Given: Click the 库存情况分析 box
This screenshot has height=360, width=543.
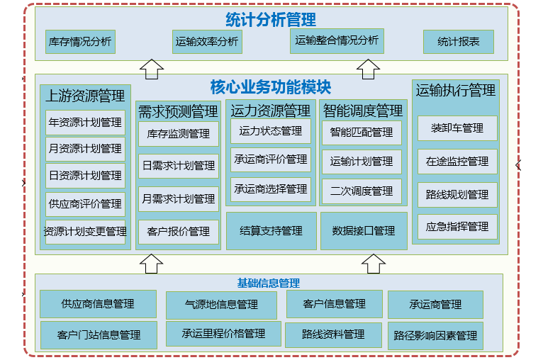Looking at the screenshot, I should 79,42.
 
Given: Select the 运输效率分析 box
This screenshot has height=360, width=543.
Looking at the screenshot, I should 207,42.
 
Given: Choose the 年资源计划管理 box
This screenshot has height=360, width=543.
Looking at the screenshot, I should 85,123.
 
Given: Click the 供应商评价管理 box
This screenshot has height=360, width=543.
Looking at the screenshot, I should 85,204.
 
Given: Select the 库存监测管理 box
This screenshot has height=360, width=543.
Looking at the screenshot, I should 178,133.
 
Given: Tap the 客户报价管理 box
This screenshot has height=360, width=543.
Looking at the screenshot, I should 178,231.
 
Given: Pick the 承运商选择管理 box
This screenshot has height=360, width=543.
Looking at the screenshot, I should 271,189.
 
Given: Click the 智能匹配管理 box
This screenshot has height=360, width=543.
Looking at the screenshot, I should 362,133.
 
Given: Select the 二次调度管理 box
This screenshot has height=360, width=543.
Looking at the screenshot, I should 362,191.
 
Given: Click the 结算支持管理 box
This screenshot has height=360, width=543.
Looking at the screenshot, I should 271,231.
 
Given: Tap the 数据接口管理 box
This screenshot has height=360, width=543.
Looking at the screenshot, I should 364,231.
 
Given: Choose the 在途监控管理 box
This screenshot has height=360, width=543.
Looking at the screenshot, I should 457,162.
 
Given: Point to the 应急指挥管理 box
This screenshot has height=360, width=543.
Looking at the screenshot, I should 457,227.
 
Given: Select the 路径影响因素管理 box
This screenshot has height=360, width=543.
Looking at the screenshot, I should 435,335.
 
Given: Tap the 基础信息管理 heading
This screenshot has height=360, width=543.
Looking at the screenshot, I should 269,283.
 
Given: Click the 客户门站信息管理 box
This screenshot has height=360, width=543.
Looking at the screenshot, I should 99,334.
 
